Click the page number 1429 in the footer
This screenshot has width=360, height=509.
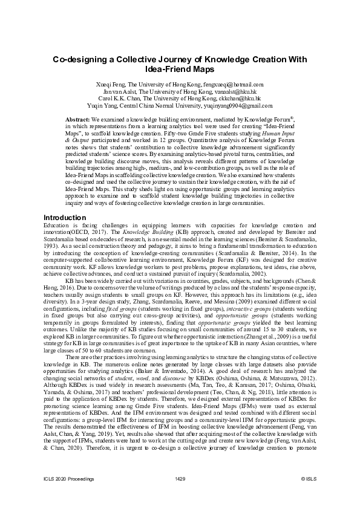point(180,495)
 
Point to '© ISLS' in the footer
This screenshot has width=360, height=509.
point(309,495)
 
